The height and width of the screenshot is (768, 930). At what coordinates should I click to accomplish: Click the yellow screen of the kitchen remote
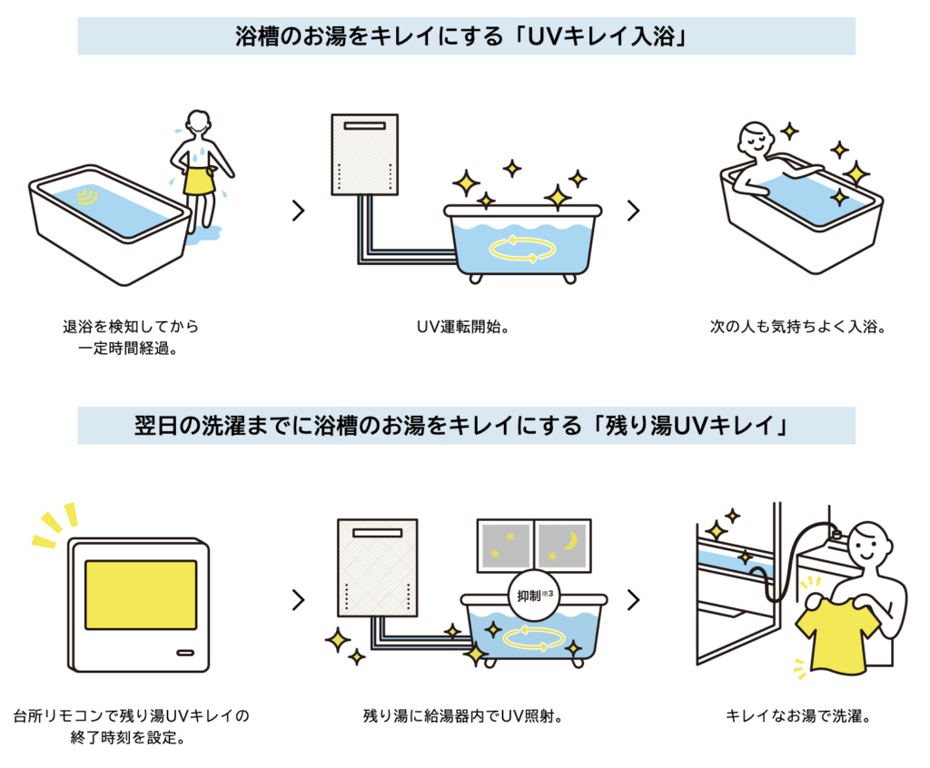click(140, 595)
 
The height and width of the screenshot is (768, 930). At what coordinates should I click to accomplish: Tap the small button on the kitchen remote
click(184, 652)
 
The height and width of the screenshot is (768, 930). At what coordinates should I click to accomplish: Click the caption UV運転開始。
click(464, 326)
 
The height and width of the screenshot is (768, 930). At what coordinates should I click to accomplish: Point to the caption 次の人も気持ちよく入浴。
click(796, 326)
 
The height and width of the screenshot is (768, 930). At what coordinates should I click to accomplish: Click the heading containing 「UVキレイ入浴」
click(466, 36)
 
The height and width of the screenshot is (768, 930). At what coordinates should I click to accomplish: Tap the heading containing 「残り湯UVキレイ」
click(466, 425)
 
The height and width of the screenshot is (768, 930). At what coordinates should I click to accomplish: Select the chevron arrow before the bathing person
click(633, 211)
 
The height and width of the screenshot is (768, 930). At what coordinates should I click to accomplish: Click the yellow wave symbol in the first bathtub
click(88, 196)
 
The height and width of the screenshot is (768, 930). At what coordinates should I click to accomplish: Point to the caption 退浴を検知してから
click(124, 326)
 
